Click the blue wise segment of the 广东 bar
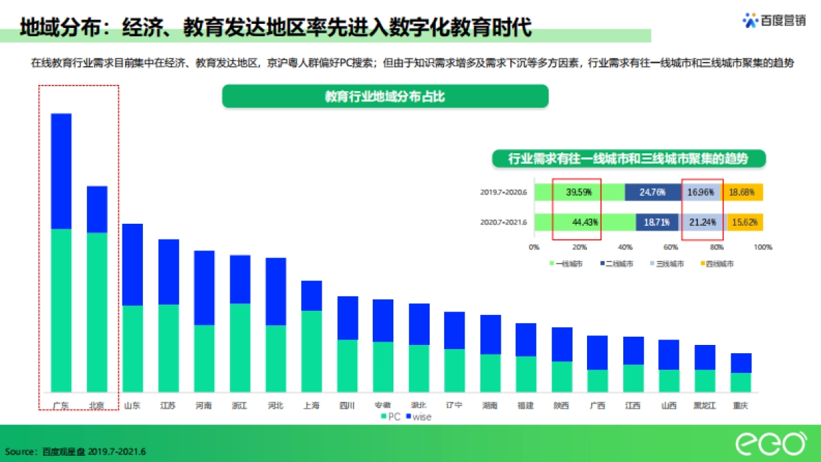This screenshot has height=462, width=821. (x=62, y=171)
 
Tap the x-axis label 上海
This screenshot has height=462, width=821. (x=311, y=405)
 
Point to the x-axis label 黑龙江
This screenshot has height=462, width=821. (x=704, y=405)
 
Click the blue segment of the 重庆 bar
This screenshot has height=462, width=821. (x=740, y=363)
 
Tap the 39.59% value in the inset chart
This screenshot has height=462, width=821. (x=579, y=193)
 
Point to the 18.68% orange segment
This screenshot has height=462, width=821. (x=742, y=193)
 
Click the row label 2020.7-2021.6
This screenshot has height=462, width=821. (x=503, y=222)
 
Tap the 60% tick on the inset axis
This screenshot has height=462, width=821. (x=671, y=247)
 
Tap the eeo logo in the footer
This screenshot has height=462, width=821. (x=770, y=444)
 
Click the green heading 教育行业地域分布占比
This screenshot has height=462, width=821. (x=385, y=97)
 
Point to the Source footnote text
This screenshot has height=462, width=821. (x=75, y=451)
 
